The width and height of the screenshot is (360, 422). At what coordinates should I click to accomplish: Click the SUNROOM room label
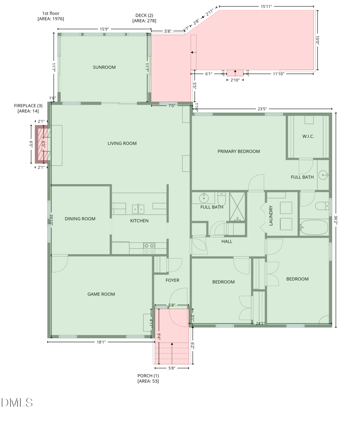tap(104, 67)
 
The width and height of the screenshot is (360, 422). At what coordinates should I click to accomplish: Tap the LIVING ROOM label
tap(122, 144)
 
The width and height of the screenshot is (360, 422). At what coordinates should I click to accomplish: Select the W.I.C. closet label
tap(308, 136)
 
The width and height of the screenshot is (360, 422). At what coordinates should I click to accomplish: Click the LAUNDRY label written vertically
tap(271, 216)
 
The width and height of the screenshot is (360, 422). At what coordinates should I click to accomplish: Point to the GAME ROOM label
tap(101, 294)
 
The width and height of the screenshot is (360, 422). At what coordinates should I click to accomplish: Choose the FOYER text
tap(172, 280)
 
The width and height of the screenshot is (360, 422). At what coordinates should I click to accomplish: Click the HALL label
tap(227, 241)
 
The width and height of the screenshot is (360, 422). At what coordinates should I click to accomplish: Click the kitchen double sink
tap(138, 209)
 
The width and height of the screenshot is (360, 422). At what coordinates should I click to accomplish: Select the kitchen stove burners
tap(149, 249)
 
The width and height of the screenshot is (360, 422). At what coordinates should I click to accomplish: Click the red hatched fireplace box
tap(41, 145)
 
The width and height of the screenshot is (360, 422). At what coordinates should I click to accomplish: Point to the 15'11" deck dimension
tap(266, 6)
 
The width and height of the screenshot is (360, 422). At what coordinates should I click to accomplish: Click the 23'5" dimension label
tap(262, 109)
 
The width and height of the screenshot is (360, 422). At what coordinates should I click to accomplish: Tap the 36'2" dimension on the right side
tap(336, 220)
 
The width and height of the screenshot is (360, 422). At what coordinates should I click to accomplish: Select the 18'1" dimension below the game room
tap(101, 342)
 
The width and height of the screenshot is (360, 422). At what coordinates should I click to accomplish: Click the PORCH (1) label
tap(148, 376)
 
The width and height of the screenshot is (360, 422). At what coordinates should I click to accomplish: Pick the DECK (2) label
tap(144, 15)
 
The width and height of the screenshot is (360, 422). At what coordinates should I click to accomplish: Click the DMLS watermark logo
tap(17, 403)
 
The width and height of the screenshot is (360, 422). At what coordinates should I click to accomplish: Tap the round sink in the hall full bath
tap(204, 198)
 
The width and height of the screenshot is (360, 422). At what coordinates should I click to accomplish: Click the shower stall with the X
tap(237, 207)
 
